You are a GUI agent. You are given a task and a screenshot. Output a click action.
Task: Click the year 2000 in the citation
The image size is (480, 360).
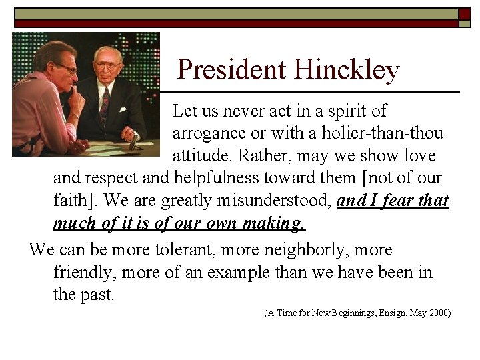pos(437,312)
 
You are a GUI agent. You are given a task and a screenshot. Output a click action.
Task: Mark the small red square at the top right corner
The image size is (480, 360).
pos(465,13)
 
